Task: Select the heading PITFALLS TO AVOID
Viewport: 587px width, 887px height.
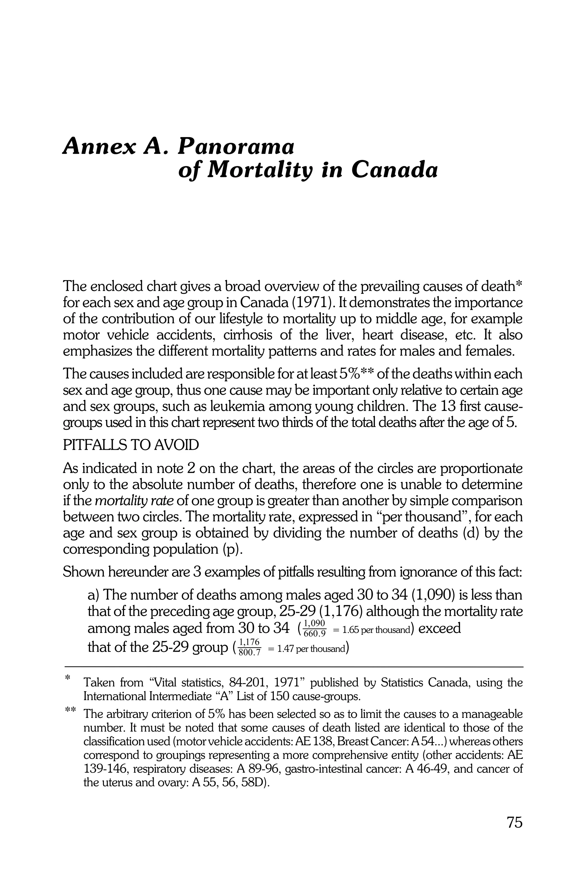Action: point(131,446)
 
